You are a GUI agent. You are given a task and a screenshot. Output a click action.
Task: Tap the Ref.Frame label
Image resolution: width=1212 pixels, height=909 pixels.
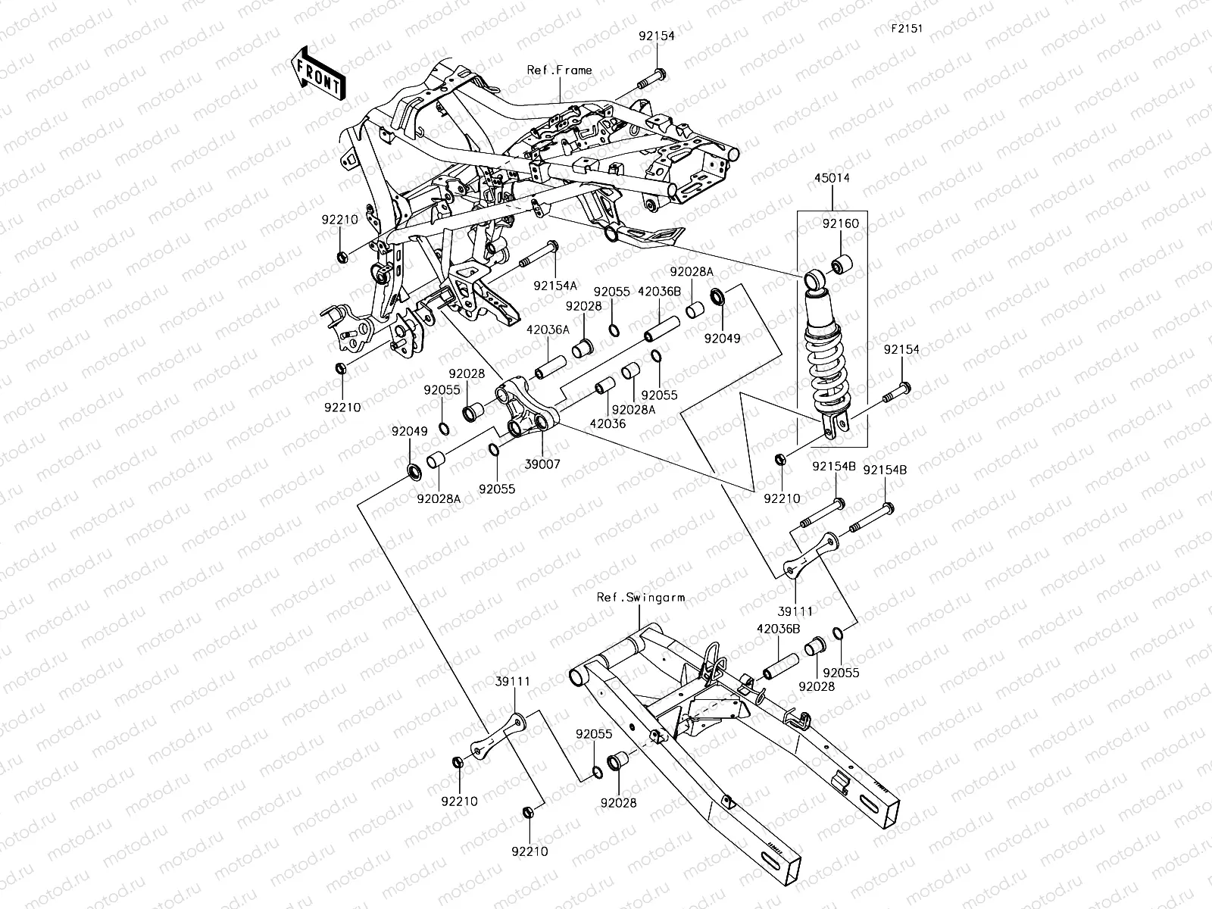coord(559,70)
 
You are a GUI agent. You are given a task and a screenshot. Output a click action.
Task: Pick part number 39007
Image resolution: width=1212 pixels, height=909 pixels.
coord(542,464)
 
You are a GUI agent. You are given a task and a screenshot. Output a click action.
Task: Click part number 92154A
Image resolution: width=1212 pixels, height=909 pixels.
coord(554,286)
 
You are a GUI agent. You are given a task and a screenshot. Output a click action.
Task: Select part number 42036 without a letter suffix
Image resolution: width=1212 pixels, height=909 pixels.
coord(608,424)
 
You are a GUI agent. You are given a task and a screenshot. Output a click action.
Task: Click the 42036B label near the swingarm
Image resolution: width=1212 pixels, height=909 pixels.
coord(777,628)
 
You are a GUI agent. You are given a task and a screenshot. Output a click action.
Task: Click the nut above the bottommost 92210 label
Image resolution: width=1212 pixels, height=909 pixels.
coord(527,812)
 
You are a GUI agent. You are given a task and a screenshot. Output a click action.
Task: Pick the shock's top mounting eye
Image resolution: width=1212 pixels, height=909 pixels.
coord(814,280)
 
